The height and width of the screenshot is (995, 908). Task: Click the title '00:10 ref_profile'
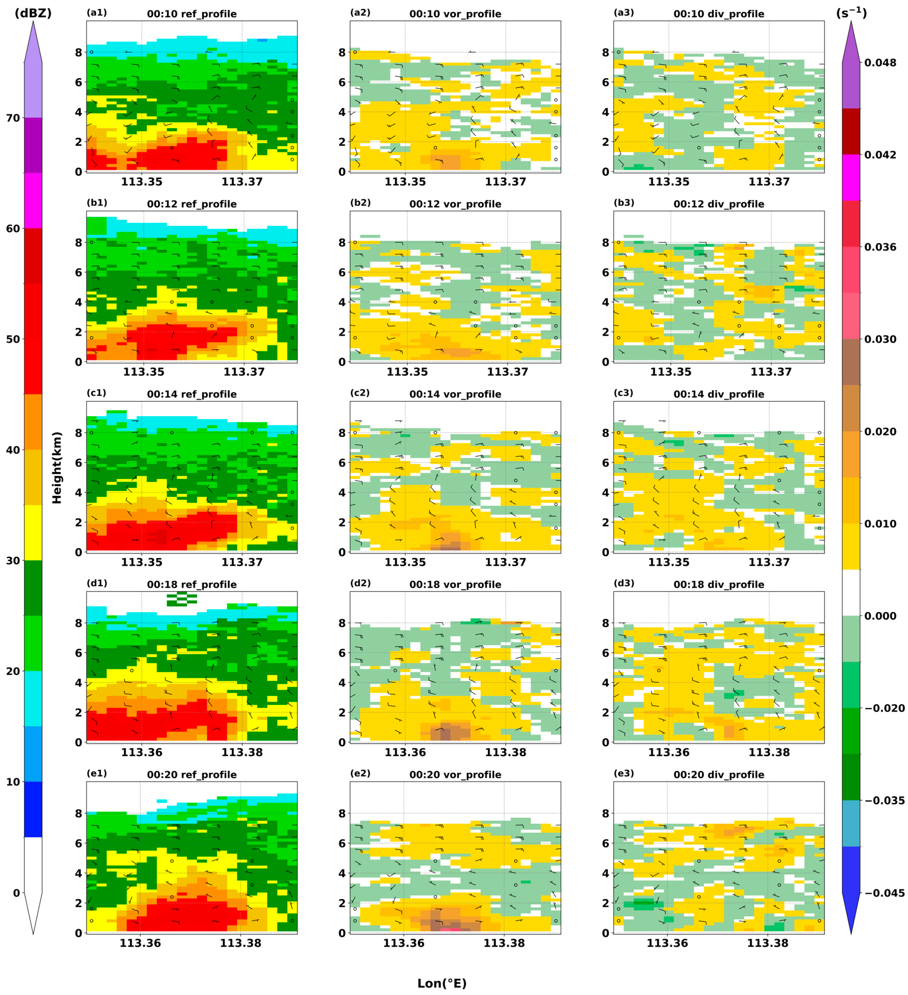click(192, 14)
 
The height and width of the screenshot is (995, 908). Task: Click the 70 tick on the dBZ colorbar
click(13, 118)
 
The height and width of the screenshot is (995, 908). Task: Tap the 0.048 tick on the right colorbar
click(880, 63)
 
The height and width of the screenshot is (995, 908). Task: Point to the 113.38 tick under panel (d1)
click(242, 752)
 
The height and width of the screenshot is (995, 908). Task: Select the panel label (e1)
click(97, 773)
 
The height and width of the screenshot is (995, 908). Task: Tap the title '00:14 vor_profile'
click(455, 394)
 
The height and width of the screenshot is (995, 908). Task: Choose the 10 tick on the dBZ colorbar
click(13, 782)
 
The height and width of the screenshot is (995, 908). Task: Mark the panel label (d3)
click(624, 583)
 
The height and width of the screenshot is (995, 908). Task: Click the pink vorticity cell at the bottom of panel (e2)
click(450, 929)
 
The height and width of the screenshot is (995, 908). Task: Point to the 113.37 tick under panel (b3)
click(771, 372)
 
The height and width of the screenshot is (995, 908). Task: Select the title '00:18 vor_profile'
click(455, 584)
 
